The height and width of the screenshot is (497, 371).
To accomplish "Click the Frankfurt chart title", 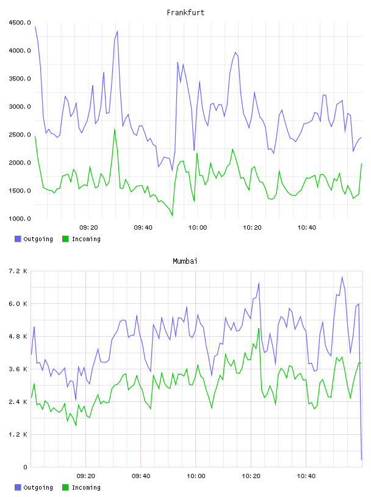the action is [x=185, y=13].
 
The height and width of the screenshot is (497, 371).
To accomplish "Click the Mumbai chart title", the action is [x=185, y=261].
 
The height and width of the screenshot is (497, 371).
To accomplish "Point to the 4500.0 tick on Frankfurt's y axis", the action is [x=20, y=23].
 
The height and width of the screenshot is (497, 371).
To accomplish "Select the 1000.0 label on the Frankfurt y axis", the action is [x=20, y=219].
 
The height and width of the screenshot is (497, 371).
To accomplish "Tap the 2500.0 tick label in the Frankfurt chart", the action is [x=20, y=135].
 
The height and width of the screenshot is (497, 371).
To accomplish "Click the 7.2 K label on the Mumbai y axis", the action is [x=18, y=271].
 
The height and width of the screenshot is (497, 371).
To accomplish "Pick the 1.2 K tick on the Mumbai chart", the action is [x=18, y=434].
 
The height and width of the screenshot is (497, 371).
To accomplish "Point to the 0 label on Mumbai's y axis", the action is [x=25, y=467].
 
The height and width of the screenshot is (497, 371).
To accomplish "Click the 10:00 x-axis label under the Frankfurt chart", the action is [x=198, y=228].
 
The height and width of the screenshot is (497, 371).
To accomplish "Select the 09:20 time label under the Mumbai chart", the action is [x=86, y=476].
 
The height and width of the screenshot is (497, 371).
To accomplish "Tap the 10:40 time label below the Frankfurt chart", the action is [x=306, y=228].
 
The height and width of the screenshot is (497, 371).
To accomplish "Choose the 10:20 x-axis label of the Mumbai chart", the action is [x=251, y=476].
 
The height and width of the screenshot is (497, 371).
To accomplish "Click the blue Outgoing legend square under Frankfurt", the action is [x=18, y=239].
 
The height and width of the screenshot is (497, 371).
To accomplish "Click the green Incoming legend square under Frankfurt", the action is [x=65, y=239].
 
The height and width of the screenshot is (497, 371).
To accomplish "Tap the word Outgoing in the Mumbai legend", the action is [x=38, y=487].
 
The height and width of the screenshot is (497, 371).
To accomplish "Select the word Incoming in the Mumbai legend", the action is [x=86, y=487].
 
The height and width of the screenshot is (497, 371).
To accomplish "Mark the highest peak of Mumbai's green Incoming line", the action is [x=259, y=328].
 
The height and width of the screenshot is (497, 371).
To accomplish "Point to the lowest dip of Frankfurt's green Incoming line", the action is [x=172, y=216].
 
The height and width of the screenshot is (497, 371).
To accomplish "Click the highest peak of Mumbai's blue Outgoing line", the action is [x=342, y=277].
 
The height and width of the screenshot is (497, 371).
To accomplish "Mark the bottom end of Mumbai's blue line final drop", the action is [x=361, y=459].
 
